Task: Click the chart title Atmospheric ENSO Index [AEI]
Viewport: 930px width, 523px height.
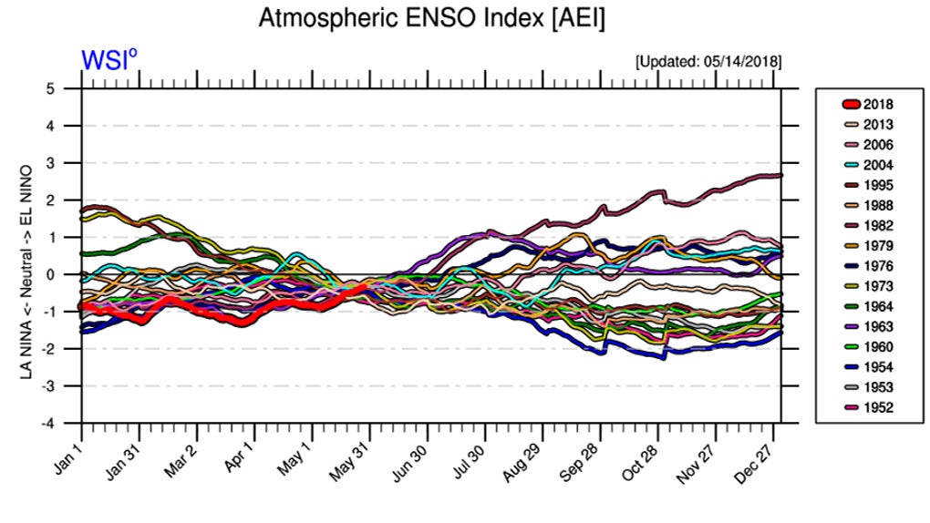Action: (x=431, y=17)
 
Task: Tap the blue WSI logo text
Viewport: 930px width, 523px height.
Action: (x=108, y=60)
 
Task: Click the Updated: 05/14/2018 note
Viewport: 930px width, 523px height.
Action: (x=708, y=62)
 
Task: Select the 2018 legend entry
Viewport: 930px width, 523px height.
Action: (x=878, y=105)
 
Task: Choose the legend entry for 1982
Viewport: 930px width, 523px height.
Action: (x=878, y=225)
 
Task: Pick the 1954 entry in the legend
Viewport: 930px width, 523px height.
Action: (x=878, y=366)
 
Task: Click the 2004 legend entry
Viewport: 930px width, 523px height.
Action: (x=878, y=165)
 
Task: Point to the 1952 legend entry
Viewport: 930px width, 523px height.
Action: (x=878, y=406)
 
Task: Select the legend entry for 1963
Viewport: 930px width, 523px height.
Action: (x=878, y=326)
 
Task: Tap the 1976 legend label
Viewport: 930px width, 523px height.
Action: (x=878, y=266)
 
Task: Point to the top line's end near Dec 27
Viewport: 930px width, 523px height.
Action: (x=780, y=175)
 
